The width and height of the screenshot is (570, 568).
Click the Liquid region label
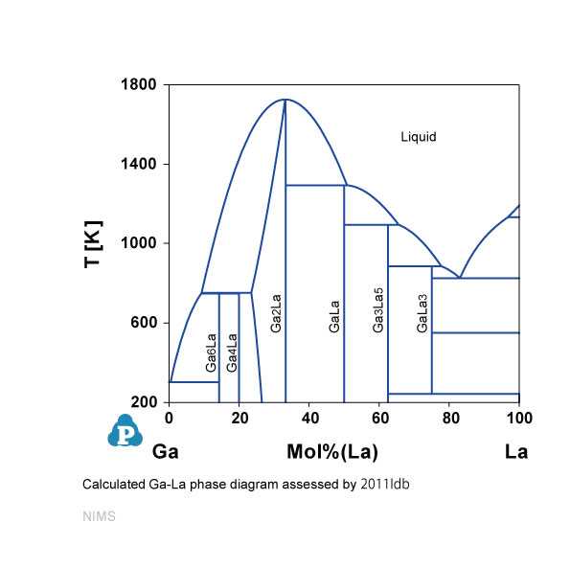[x=419, y=137]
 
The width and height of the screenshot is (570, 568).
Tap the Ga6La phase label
[x=211, y=352]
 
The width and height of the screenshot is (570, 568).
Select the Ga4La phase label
[x=232, y=352]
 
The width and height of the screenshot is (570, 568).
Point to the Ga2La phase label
[x=276, y=313]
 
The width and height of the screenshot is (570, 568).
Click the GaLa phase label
[x=333, y=316]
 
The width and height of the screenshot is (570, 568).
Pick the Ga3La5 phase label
[x=377, y=310]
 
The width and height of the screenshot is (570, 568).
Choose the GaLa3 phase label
[x=422, y=313]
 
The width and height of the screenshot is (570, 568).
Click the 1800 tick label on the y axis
[x=139, y=84]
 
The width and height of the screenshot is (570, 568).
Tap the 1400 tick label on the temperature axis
[x=139, y=164]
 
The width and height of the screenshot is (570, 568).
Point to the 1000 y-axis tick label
[x=139, y=243]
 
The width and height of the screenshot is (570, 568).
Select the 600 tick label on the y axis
[x=144, y=323]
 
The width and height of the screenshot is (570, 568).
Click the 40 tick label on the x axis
[x=310, y=419]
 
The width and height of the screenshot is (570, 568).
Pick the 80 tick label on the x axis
[x=451, y=419]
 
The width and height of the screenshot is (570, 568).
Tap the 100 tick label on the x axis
[x=520, y=419]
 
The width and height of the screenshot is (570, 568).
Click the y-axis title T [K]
[x=94, y=244]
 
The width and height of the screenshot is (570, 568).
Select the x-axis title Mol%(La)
[x=332, y=452]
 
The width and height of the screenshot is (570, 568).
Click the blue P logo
[x=125, y=431]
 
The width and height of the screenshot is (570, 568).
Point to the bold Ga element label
[x=166, y=452]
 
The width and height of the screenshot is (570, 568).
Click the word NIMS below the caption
[x=99, y=516]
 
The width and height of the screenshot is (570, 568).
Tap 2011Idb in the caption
[x=385, y=485]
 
